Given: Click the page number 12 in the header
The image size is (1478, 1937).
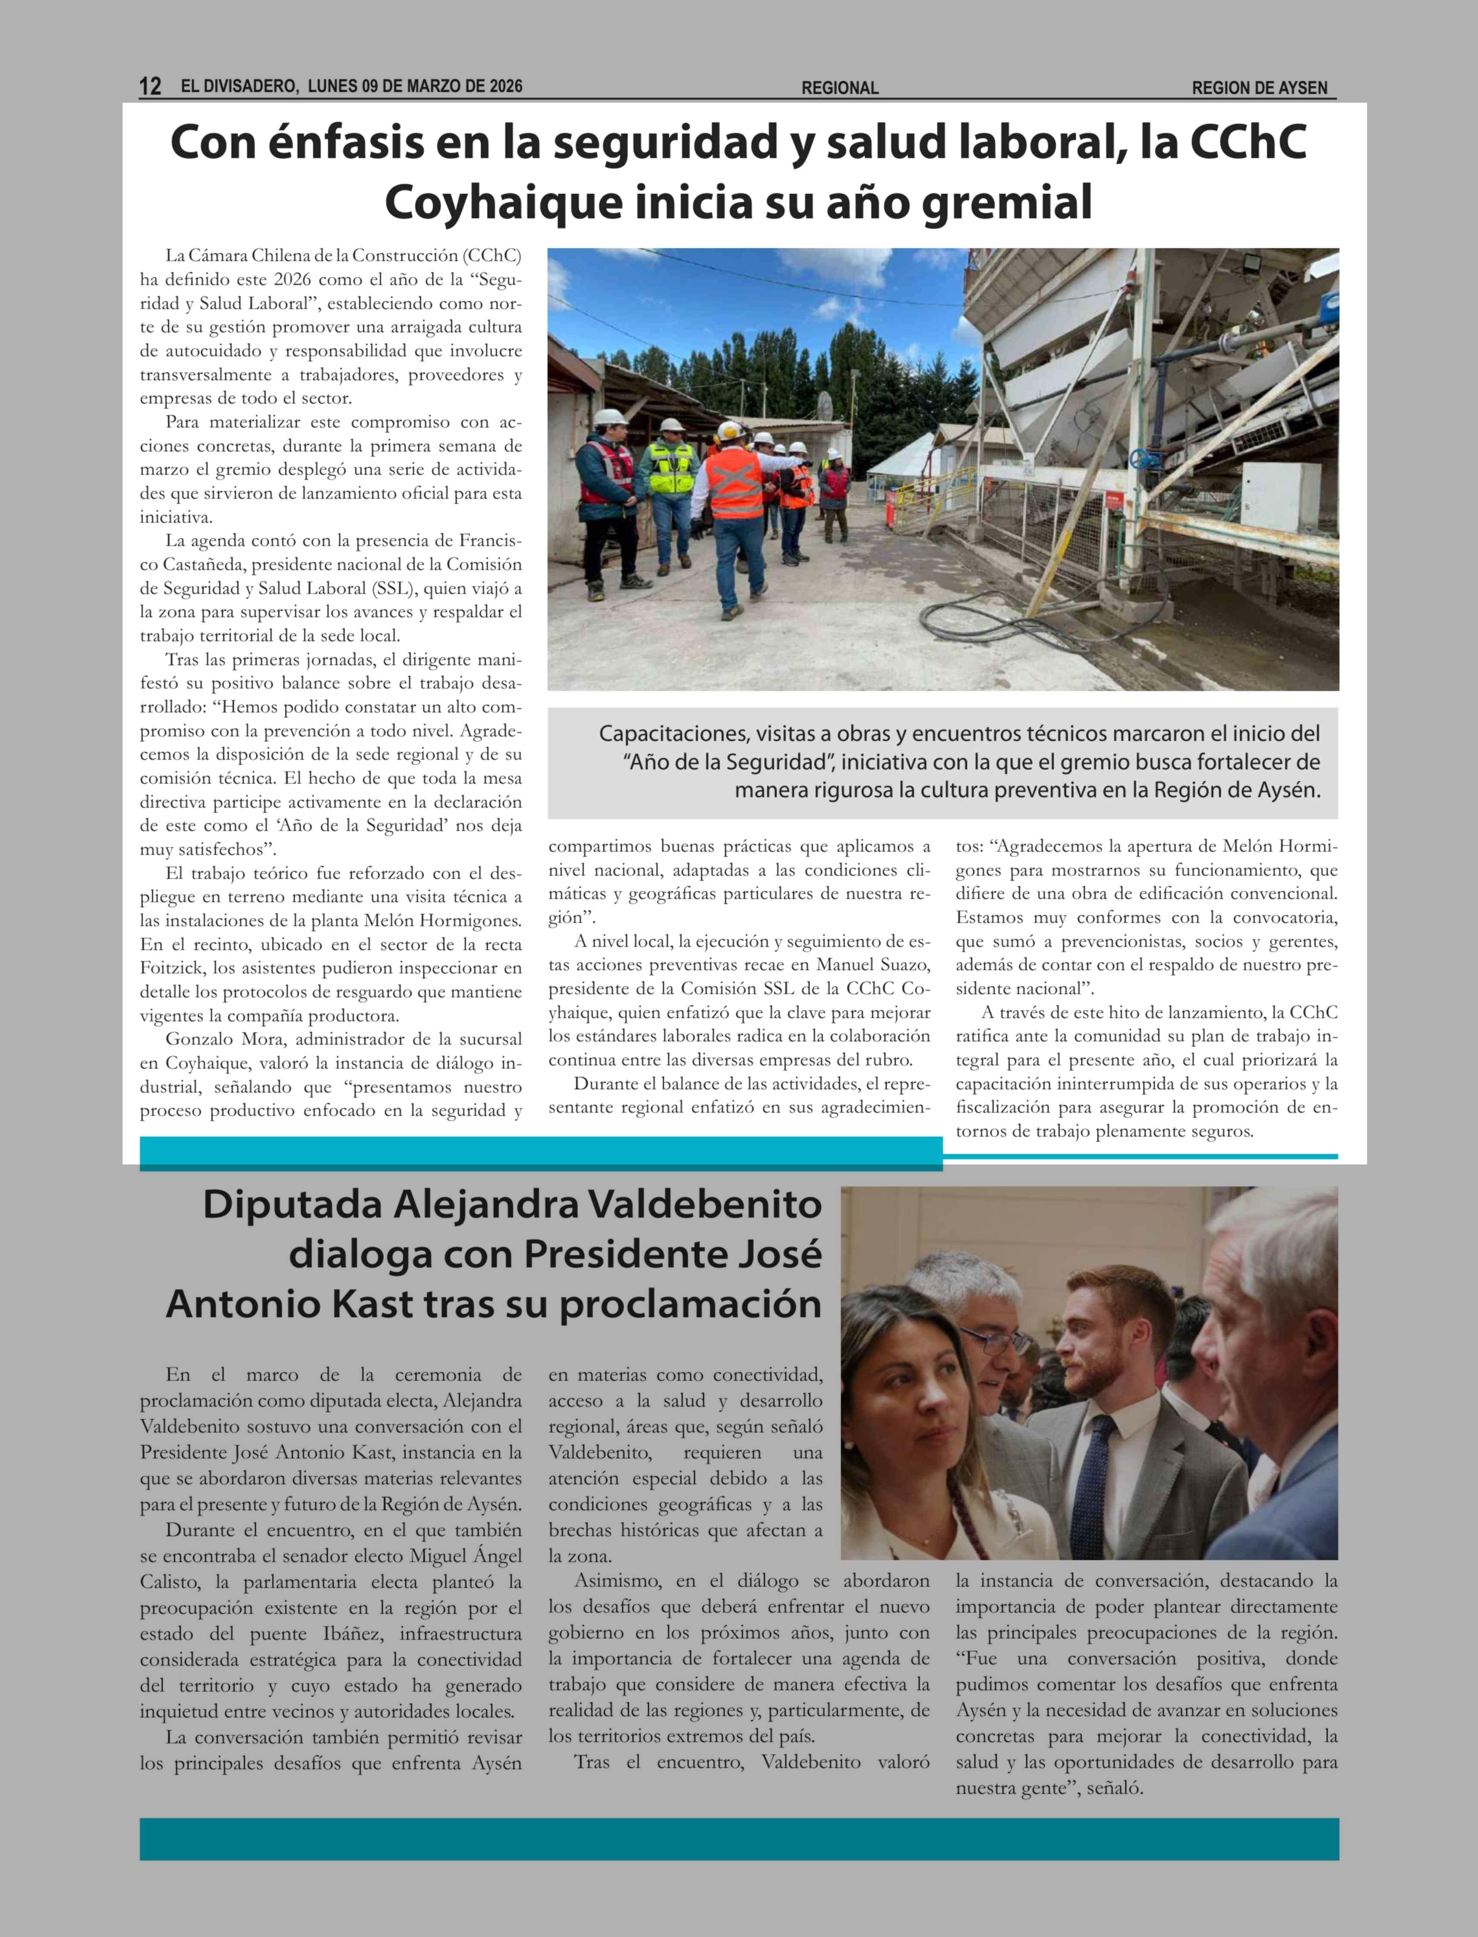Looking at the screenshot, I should pos(151,86).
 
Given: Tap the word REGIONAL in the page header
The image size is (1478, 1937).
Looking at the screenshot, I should pos(839,88).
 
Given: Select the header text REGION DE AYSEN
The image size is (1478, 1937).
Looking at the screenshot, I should pos(1259,88).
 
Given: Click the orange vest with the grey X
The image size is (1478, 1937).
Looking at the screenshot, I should pos(734,484).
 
